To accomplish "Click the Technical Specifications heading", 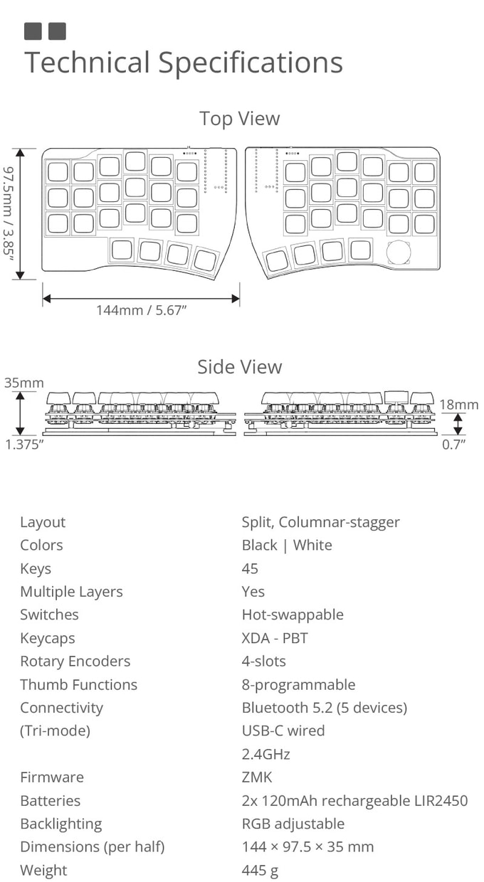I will pos(184,63).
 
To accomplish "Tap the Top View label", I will pos(240,118).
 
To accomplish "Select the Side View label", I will pos(240,366).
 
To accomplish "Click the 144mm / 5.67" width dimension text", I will pos(141,310).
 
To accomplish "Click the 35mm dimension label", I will pos(24,383).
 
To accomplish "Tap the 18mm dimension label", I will pos(459,404).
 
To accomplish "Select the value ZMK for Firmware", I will pos(257,777).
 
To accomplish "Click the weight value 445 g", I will pos(260,870).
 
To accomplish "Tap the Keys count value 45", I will pos(250,568).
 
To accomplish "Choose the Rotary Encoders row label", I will pos(75,661).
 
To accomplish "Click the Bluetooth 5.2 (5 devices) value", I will pos(324,707).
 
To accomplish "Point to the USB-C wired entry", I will pos(283,730).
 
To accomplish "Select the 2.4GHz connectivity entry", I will pos(265,754).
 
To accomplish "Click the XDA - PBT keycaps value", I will pos(275,637).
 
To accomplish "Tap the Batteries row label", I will pos(50,800).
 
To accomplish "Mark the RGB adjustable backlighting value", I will pos(293,824).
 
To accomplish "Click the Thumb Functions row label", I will pos(78,684).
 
